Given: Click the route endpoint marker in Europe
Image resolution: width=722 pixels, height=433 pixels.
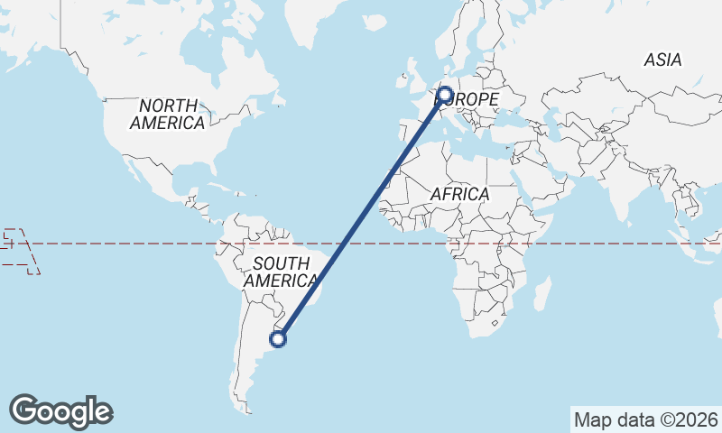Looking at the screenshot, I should click(445, 93).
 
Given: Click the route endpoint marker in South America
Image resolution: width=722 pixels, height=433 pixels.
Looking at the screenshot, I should click(279, 339).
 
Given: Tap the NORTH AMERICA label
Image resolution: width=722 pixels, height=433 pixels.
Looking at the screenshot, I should click(167, 115).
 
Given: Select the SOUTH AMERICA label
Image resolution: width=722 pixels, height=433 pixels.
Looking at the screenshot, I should click(282, 272).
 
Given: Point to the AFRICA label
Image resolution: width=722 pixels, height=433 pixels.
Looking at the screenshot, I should click(459, 194).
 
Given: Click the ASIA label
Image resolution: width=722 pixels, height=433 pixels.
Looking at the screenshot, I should click(662, 60).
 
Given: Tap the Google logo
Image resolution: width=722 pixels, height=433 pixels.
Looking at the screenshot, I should click(60, 411).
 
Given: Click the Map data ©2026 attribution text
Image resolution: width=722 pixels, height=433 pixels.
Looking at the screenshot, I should click(646, 419).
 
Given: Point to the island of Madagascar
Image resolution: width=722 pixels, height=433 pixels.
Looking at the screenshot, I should click(542, 294).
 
